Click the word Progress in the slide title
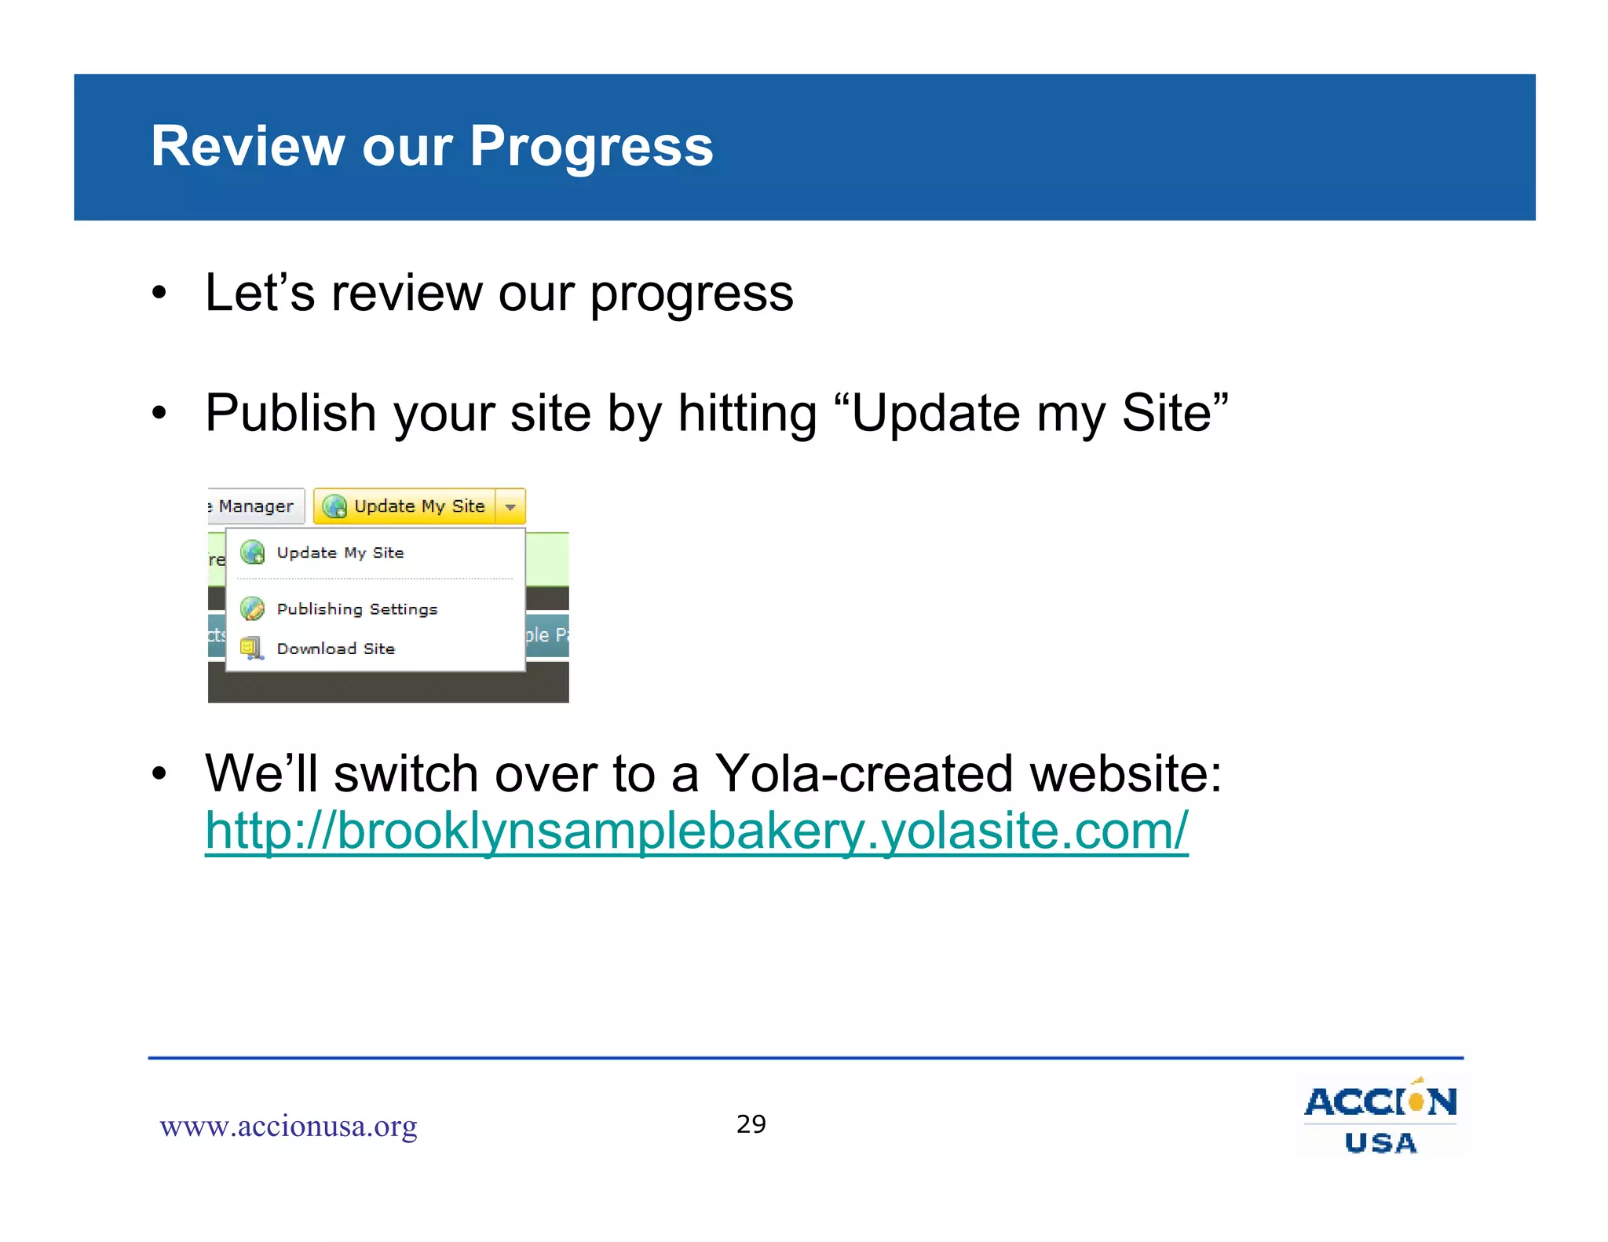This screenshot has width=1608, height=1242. tap(590, 148)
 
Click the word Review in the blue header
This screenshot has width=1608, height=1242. tap(247, 148)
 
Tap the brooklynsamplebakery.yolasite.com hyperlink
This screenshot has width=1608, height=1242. tap(696, 831)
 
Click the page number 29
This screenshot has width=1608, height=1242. tap(751, 1124)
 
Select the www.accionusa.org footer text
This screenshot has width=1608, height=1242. tap(288, 1127)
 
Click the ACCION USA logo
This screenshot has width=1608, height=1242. tap(1380, 1115)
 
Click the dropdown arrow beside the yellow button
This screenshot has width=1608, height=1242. tap(510, 507)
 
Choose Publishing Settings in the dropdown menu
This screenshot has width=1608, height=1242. tap(356, 609)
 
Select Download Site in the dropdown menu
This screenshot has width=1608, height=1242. tap(335, 648)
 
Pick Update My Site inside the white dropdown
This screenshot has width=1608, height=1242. tap(340, 553)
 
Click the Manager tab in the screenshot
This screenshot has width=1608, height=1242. tap(254, 507)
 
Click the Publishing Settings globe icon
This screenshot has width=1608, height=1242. tap(252, 608)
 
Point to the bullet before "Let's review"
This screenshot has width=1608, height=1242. tap(159, 294)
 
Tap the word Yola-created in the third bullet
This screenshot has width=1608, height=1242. tap(864, 774)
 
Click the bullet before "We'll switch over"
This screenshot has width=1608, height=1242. tap(159, 774)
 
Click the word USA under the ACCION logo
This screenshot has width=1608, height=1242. tap(1380, 1143)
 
